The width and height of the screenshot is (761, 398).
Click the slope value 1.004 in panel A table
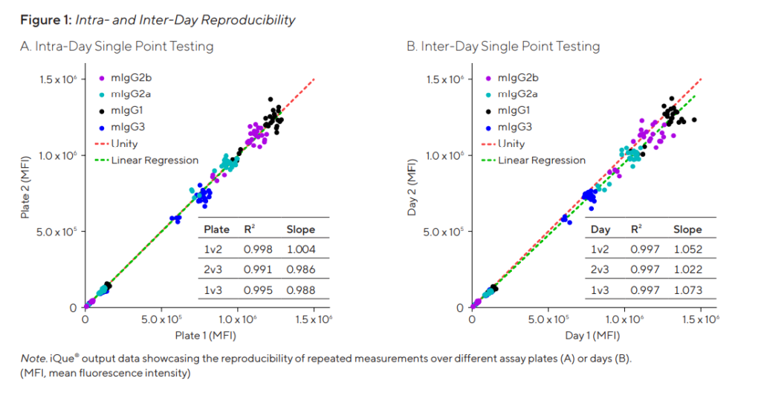coord(301,250)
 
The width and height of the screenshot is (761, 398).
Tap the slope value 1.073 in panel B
coord(687,290)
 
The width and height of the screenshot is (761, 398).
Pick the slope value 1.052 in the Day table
coord(687,250)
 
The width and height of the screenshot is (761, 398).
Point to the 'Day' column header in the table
coord(600,230)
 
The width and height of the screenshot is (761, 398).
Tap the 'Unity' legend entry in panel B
coord(511,144)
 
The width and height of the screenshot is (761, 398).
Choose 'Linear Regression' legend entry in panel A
coord(155,160)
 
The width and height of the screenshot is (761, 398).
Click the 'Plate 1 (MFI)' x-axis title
coord(205,336)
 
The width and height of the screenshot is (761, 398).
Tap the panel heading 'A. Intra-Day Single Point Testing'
coord(117,47)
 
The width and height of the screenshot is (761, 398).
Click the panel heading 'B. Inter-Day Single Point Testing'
coord(503,47)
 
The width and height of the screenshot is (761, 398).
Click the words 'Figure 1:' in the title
coord(46,20)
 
